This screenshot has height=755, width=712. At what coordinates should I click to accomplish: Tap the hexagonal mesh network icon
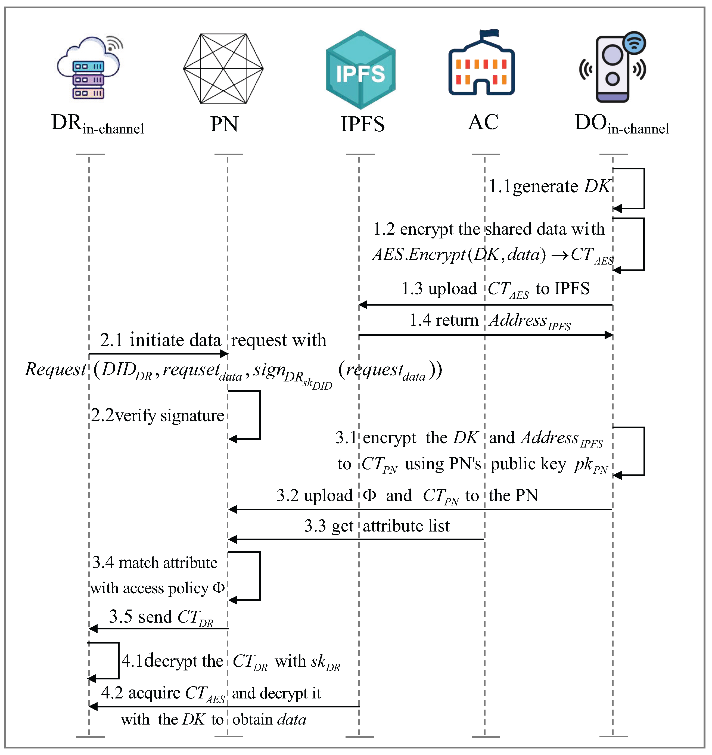223,69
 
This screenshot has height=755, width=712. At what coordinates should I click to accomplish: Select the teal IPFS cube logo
361,70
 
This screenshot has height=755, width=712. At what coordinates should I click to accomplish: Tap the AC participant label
483,122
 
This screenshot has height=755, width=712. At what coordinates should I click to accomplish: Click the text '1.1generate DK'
549,187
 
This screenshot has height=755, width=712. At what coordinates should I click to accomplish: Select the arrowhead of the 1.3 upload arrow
363,305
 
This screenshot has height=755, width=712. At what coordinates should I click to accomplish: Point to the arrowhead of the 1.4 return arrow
609,335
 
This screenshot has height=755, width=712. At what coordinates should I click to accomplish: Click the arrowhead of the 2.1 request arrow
224,354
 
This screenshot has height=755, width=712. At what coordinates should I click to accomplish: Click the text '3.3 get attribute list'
377,526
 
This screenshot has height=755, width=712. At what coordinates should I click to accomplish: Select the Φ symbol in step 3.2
369,495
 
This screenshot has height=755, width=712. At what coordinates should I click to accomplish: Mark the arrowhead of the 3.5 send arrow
93,629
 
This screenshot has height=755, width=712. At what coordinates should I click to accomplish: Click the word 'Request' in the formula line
55,369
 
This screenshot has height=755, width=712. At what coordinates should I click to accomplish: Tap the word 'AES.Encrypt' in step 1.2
419,254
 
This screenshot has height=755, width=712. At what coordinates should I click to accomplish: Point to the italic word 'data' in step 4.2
292,720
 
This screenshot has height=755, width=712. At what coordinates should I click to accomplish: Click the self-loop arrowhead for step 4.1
92,678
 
